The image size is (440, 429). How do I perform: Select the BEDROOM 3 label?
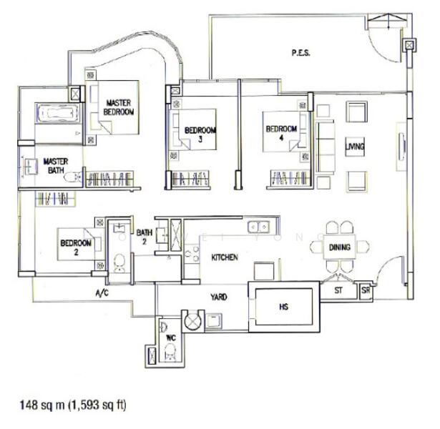click(200, 134)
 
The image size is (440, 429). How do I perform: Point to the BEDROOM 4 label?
click(280, 134)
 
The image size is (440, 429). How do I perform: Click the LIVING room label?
click(354, 147)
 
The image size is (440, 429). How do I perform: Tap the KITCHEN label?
click(225, 257)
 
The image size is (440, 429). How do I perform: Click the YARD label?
click(218, 296)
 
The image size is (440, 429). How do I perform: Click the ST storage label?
click(339, 291)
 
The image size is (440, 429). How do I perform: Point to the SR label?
click(366, 290)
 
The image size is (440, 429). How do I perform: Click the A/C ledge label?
click(102, 293)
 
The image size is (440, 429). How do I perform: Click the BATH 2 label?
click(145, 237)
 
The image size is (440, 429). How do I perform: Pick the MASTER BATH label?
click(55, 166)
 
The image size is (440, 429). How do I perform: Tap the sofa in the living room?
click(326, 147)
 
